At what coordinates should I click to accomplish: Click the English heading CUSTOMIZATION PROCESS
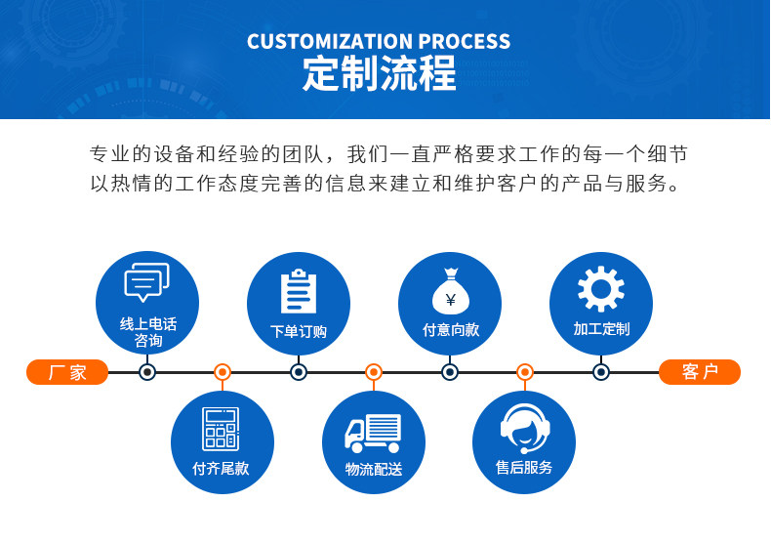(x=379, y=41)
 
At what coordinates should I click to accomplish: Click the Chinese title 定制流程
(x=379, y=74)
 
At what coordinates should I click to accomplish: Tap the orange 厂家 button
(x=67, y=372)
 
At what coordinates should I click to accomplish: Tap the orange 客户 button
(x=700, y=372)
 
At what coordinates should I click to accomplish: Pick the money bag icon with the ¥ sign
(x=450, y=291)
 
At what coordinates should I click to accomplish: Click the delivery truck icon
(x=373, y=433)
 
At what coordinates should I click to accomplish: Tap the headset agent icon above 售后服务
(x=524, y=429)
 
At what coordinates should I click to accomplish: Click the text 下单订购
(x=299, y=332)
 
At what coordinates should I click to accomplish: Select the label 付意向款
(x=450, y=330)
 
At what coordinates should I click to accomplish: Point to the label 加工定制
(x=601, y=329)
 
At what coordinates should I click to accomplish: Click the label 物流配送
(x=373, y=470)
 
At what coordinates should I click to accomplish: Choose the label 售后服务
(x=524, y=468)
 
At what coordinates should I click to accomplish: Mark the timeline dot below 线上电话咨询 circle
(x=147, y=372)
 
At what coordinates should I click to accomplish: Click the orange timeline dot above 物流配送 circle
(x=373, y=372)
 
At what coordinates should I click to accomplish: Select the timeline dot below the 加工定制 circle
(x=601, y=372)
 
